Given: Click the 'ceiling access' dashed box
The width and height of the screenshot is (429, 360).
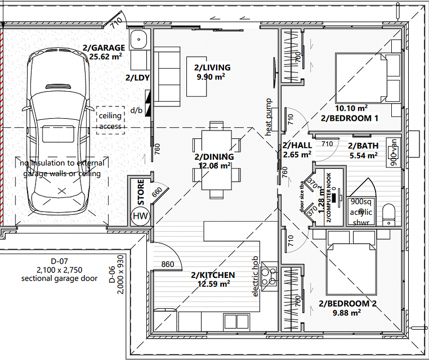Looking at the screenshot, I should coord(110,120).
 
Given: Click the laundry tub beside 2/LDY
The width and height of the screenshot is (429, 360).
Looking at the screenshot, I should coord(138,41).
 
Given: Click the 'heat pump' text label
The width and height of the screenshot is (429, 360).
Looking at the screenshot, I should coord(269,117).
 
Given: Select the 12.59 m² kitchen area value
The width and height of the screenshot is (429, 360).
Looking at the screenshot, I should coord(213,284).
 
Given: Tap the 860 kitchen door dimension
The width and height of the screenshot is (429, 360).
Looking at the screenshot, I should coord(168,264).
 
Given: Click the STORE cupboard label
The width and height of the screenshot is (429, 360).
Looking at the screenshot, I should coord(141,191).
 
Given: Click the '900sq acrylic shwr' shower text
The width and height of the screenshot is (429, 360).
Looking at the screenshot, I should coord(360,211).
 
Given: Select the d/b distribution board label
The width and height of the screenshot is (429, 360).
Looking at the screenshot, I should coord(137,110).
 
